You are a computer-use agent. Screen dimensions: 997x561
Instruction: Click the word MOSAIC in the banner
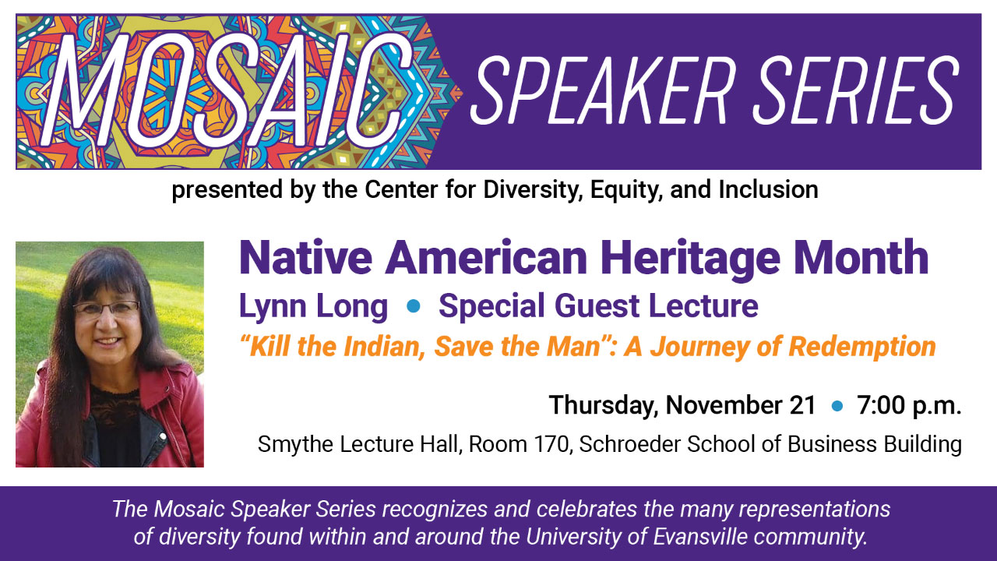pyautogui.click(x=227, y=91)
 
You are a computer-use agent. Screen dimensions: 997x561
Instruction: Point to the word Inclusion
pyautogui.click(x=768, y=189)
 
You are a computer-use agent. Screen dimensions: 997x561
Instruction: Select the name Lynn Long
pyautogui.click(x=313, y=307)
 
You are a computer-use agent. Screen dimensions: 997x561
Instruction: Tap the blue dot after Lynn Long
pyautogui.click(x=414, y=306)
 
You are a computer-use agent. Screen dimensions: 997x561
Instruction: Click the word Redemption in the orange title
pyautogui.click(x=862, y=348)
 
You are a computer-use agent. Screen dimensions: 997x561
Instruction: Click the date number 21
pyautogui.click(x=802, y=405)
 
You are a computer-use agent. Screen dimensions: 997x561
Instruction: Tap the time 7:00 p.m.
pyautogui.click(x=909, y=406)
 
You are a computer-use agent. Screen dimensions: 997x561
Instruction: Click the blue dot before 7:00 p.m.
pyautogui.click(x=837, y=406)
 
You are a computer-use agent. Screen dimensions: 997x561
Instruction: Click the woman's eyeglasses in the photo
pyautogui.click(x=106, y=309)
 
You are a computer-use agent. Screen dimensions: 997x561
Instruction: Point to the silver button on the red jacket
pyautogui.click(x=164, y=436)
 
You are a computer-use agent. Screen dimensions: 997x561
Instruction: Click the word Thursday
pyautogui.click(x=604, y=406)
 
